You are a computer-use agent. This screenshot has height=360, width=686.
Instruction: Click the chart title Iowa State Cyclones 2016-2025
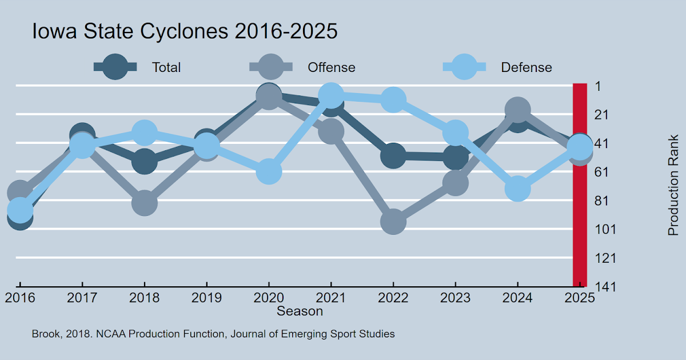click(185, 31)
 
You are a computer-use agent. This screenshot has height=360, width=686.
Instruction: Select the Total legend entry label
click(166, 67)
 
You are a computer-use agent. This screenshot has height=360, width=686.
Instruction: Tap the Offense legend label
click(332, 67)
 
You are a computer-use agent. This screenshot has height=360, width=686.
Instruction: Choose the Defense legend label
click(527, 67)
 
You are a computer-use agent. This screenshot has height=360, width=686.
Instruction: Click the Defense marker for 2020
click(269, 171)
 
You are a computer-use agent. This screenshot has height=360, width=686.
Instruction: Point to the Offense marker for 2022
click(393, 221)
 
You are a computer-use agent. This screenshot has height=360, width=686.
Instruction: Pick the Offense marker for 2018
click(145, 203)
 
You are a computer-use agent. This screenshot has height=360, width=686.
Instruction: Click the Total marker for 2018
click(145, 162)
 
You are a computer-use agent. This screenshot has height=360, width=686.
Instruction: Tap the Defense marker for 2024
click(517, 189)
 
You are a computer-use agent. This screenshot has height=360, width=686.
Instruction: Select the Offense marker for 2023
click(455, 183)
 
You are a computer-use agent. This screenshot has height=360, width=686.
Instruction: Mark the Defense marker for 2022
click(393, 100)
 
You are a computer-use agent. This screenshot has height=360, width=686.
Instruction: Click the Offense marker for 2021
click(331, 131)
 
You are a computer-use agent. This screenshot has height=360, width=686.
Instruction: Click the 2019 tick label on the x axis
click(206, 298)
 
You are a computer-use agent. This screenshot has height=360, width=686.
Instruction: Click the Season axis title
click(300, 311)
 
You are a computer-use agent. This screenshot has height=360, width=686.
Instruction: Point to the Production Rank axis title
click(673, 185)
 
